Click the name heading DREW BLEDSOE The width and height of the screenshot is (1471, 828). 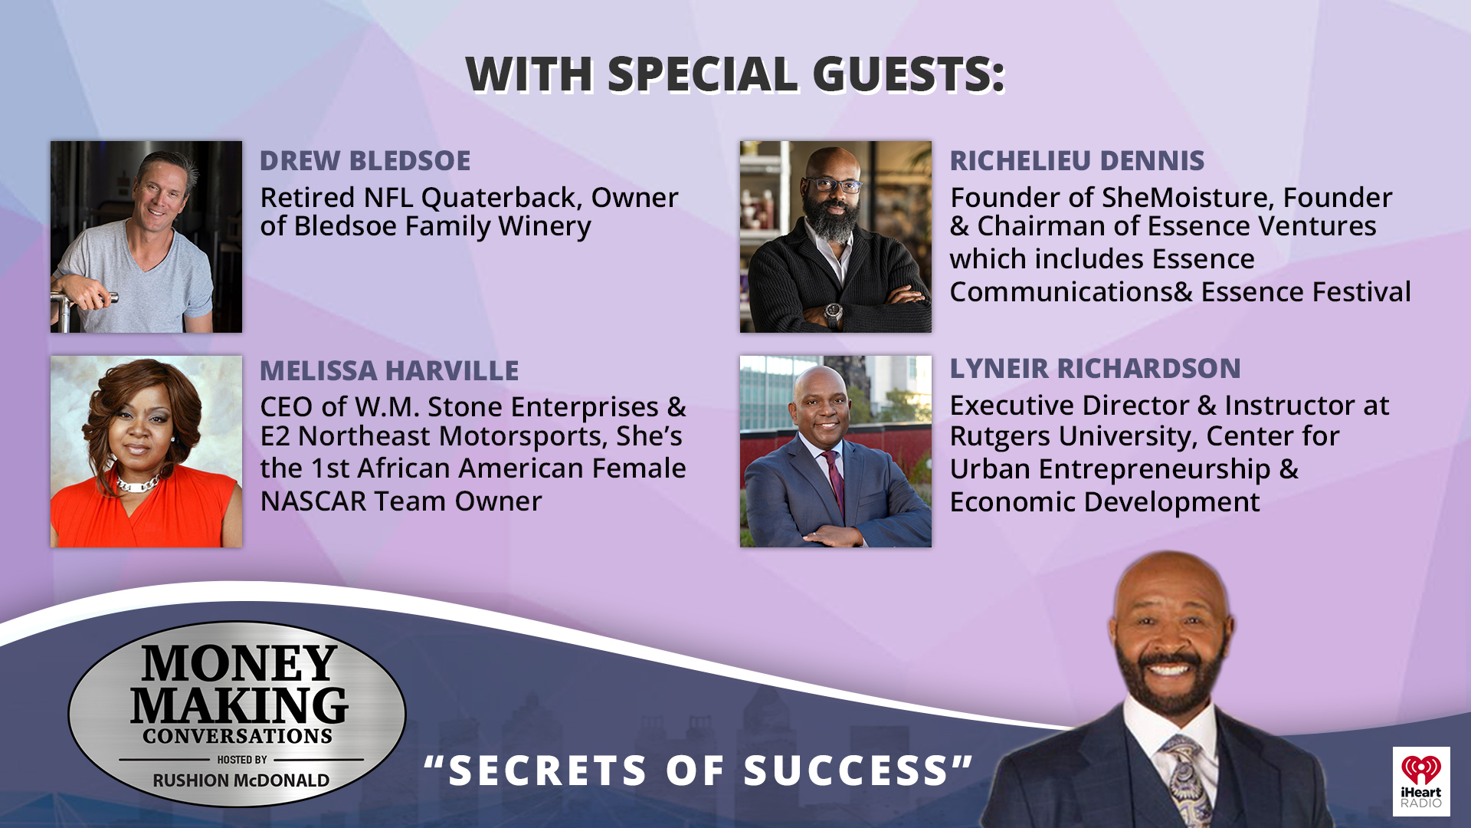[x=365, y=161]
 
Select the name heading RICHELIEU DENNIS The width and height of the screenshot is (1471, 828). [x=1076, y=161]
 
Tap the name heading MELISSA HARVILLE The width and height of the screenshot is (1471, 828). [x=389, y=371]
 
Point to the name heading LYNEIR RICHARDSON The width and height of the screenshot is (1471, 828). [x=1095, y=369]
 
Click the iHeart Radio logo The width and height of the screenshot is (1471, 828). [x=1420, y=780]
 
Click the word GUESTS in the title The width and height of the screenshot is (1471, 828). [x=908, y=74]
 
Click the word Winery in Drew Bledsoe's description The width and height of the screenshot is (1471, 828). [x=545, y=227]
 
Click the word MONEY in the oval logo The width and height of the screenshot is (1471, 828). [x=239, y=663]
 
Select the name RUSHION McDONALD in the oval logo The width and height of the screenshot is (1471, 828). [x=241, y=780]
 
